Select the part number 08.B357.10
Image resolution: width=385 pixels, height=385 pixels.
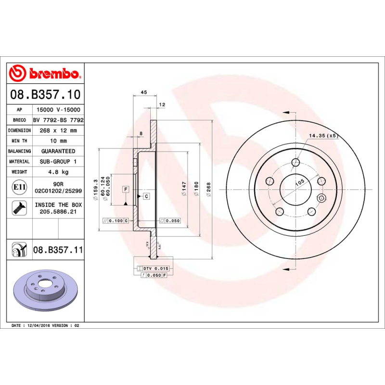coord(46,94)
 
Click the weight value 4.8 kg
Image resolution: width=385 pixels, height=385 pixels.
coord(58,172)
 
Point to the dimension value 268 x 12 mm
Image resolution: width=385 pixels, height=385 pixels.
coord(58,130)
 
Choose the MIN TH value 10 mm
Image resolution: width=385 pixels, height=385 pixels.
coord(58,141)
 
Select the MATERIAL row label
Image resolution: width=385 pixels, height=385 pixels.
coord(20,162)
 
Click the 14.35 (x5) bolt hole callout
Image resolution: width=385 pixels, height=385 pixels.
coord(324,136)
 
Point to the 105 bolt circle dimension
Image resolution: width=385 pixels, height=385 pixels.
coord(300,183)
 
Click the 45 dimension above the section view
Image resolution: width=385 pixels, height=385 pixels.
coord(143,92)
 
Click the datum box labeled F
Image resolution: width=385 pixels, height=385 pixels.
coord(126,189)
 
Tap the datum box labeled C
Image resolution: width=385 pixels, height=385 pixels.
coord(146,196)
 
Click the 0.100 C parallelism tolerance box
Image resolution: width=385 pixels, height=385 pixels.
coord(116,220)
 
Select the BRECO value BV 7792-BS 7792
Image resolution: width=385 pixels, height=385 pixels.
coord(58,120)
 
